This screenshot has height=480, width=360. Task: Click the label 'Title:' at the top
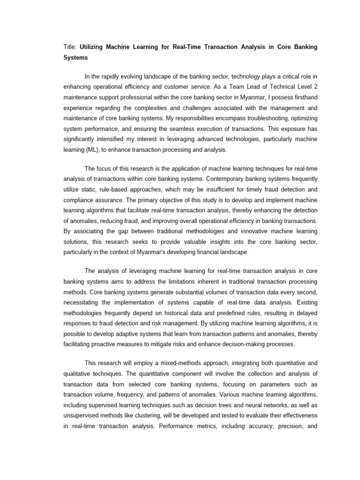coord(70,47)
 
